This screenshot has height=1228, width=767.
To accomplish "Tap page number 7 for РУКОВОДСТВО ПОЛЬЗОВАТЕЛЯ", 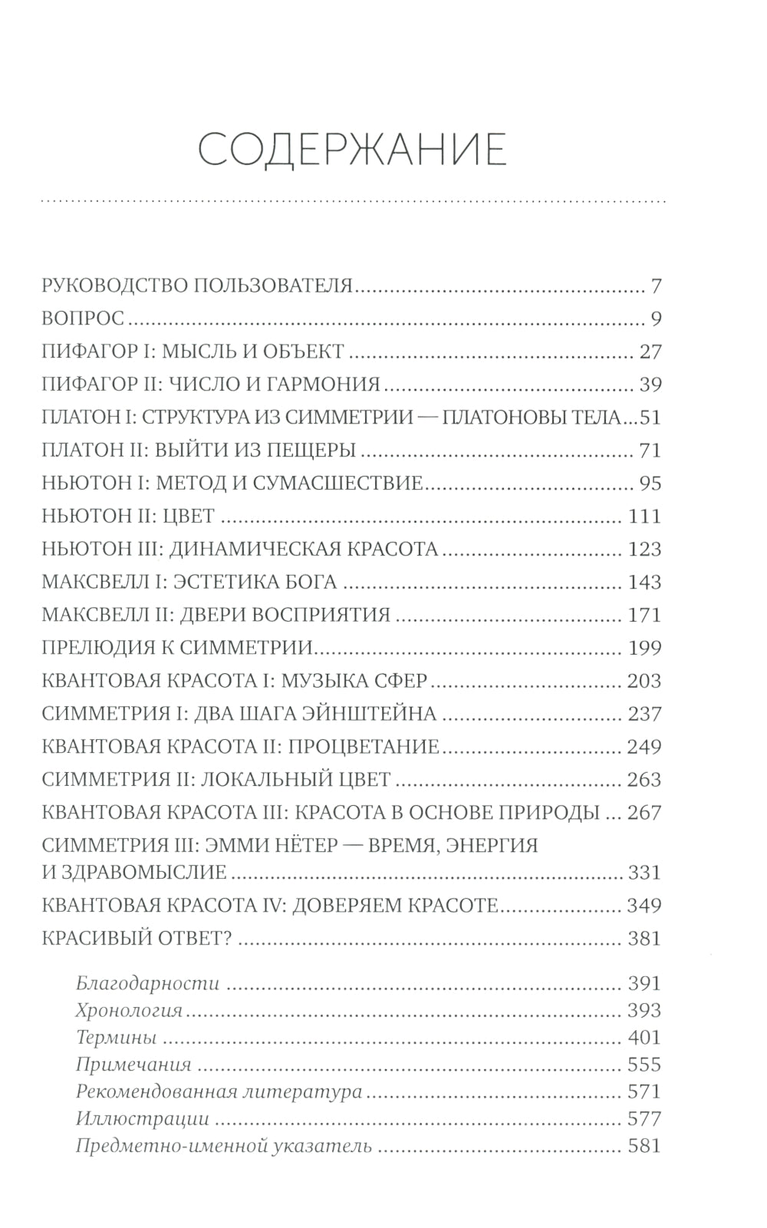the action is point(655,287).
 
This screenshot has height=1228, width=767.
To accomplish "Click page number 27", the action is point(649,353).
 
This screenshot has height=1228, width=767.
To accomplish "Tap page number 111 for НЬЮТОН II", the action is point(644,517).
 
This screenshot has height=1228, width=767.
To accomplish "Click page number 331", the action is point(644,873).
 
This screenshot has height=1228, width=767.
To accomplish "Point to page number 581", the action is point(644,1147).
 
